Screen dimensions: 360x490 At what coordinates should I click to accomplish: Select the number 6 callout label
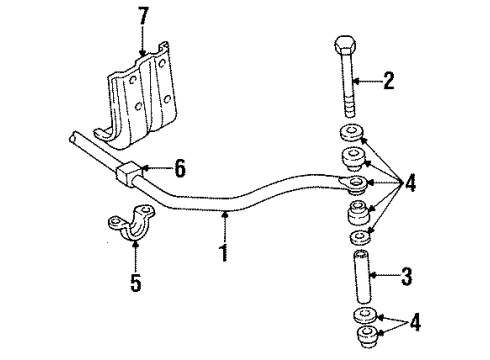coord(179,170)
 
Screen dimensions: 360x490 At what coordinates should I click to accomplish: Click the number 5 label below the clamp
coord(136,285)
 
